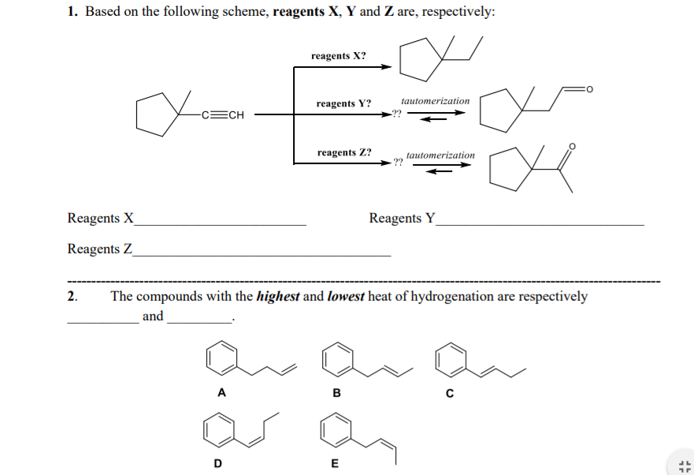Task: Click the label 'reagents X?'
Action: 338,56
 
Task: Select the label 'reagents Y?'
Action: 343,103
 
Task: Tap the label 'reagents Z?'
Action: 344,152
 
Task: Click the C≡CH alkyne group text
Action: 223,115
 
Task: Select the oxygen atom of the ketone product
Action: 572,146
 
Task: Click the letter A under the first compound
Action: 221,392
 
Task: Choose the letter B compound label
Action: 337,392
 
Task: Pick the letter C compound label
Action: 450,392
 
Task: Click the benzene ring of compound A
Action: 221,359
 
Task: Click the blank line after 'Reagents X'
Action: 221,225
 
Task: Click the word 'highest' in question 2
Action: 278,297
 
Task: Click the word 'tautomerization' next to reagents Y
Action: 435,101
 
